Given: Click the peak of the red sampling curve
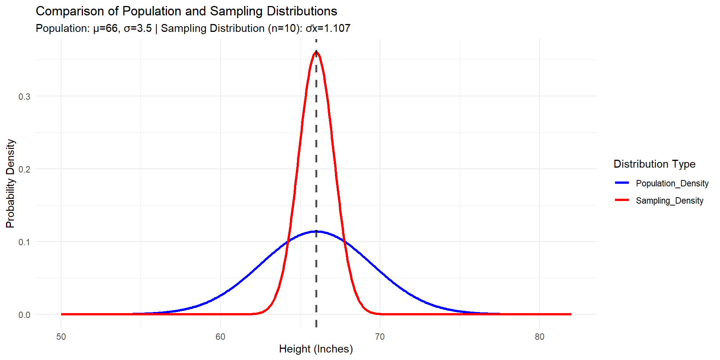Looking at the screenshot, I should [x=316, y=52].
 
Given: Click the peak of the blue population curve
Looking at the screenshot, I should [x=316, y=231].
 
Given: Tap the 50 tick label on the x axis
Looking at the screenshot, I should [x=61, y=337].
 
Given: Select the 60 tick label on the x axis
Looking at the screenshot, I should [x=220, y=337].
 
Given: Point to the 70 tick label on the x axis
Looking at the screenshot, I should [x=380, y=337].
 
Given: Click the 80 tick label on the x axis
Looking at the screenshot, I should [x=539, y=337].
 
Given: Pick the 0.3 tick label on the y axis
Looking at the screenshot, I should [x=24, y=97].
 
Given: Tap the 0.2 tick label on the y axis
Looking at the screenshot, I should [x=24, y=169].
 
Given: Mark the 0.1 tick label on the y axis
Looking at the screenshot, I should [x=24, y=242].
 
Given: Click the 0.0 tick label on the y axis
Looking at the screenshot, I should [x=24, y=315].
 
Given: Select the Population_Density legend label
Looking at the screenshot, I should [x=672, y=183].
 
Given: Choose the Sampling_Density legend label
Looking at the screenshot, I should [x=669, y=201].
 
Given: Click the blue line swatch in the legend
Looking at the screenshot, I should [x=622, y=183].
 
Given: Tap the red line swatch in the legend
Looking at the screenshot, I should [x=622, y=200].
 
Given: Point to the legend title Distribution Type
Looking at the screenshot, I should [x=654, y=164].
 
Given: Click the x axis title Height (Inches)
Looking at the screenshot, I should [x=316, y=349].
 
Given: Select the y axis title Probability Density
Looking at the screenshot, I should [x=10, y=183].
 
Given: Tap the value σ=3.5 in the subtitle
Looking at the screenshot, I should [x=138, y=28].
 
